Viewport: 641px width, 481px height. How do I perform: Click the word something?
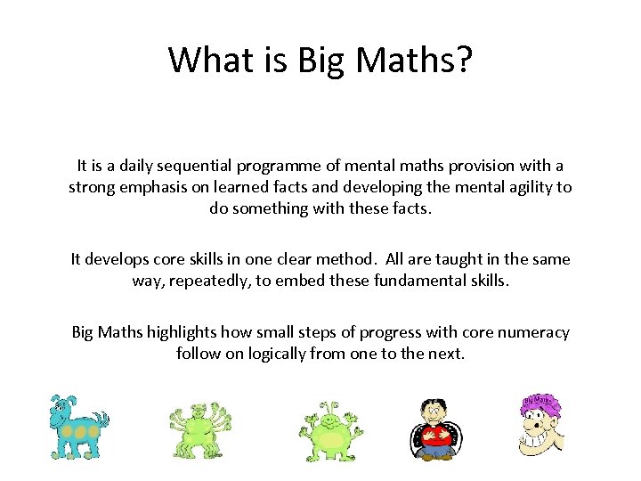pos(278,209)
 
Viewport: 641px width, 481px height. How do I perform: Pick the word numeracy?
pos(531,332)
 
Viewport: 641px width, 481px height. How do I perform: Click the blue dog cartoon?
pos(77,426)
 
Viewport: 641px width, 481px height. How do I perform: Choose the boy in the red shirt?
pos(436,428)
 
